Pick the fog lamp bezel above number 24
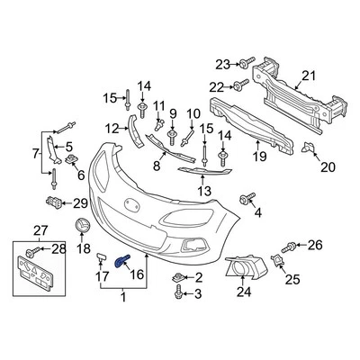(244, 265)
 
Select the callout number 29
(80, 202)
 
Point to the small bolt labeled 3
(180, 292)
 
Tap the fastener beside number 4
(246, 198)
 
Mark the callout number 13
(205, 191)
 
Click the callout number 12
(112, 127)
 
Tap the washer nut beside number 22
(239, 86)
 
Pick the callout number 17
(101, 277)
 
